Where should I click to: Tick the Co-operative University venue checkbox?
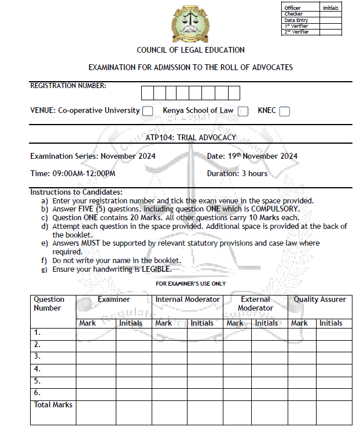click(148, 111)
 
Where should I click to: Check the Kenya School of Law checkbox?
click(243, 111)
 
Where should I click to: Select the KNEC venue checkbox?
click(284, 111)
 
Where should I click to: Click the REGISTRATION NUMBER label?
click(68, 86)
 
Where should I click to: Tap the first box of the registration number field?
click(147, 93)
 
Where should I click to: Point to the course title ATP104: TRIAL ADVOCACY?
click(191, 137)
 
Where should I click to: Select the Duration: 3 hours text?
click(237, 173)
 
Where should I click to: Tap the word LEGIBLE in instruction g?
click(156, 269)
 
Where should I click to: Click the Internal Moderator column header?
click(188, 300)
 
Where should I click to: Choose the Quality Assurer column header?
click(319, 300)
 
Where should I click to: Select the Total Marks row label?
click(53, 404)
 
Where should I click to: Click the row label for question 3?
click(37, 356)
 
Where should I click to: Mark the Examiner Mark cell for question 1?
click(95, 333)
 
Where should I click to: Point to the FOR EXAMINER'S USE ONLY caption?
click(191, 284)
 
